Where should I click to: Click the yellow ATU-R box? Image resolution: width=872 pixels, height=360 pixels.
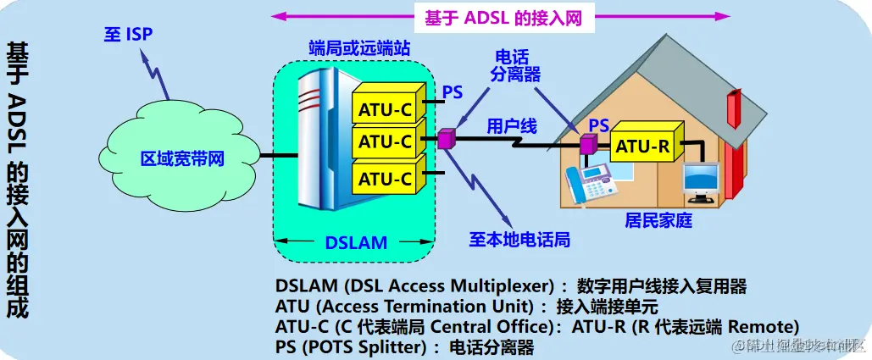point(642,147)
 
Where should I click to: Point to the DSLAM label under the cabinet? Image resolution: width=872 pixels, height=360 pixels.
point(356,242)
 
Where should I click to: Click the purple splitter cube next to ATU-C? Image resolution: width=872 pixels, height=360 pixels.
point(446,139)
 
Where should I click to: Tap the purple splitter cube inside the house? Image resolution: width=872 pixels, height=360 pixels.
point(586,144)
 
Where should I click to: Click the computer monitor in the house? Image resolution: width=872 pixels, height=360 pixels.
point(702,180)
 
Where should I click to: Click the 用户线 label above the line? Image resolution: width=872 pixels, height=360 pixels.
point(511,126)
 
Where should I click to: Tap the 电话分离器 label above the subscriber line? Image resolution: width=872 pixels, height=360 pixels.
point(515,65)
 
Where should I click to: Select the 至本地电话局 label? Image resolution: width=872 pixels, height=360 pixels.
point(519,239)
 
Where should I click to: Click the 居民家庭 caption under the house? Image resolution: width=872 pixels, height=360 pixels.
point(658,220)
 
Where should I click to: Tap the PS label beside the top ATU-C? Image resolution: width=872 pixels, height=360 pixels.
point(453,91)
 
